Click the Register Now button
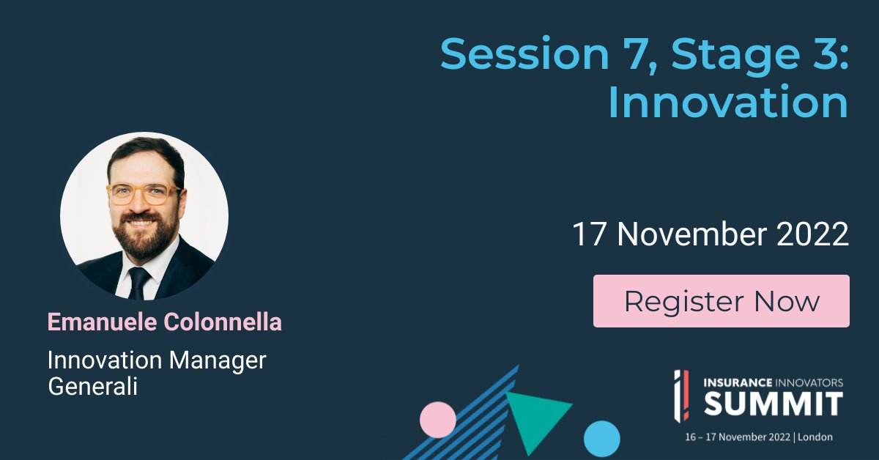coord(721,301)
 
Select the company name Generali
coord(92,386)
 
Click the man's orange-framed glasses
coord(144,194)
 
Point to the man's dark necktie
coord(138,282)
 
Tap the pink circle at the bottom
coord(438,420)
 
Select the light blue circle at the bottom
coord(602,438)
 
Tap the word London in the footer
coord(815,437)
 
